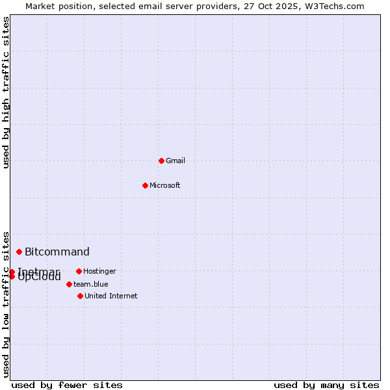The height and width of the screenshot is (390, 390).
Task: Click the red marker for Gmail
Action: (161, 161)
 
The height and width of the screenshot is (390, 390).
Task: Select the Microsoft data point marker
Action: (146, 185)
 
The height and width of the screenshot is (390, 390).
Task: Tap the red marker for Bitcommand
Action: (19, 252)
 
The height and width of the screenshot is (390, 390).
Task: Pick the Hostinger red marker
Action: (79, 271)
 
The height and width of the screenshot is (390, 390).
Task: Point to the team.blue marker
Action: (69, 284)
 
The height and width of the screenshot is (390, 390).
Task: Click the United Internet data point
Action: (80, 296)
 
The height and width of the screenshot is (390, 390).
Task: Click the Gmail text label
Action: (175, 161)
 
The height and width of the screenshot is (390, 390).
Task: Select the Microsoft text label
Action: (165, 185)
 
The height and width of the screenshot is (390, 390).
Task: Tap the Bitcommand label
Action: (57, 252)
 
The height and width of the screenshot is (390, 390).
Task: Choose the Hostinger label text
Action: (99, 271)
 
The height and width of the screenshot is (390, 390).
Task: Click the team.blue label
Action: (91, 284)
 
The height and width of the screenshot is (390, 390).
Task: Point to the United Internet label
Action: (111, 296)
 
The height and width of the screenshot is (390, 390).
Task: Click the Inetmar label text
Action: (39, 271)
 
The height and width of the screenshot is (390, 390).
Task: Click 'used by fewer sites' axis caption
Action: (67, 385)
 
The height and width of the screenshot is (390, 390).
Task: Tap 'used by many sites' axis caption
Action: (326, 385)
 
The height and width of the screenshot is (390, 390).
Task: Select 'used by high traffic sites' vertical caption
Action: (6, 92)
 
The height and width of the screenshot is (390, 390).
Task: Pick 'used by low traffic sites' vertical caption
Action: (6, 304)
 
